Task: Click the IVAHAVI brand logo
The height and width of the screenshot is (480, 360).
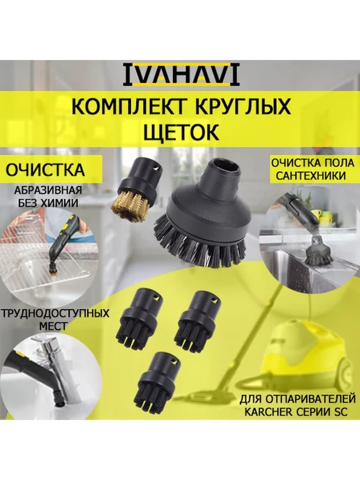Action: [x=181, y=75]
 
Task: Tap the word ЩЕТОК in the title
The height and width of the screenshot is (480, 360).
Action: [x=181, y=132]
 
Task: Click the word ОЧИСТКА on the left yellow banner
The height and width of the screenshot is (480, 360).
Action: [x=45, y=170]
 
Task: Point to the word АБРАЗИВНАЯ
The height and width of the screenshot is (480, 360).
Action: [x=48, y=190]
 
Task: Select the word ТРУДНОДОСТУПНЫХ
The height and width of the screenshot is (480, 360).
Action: [x=55, y=314]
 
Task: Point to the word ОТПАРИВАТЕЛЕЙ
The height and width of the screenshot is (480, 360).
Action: [x=310, y=399]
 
